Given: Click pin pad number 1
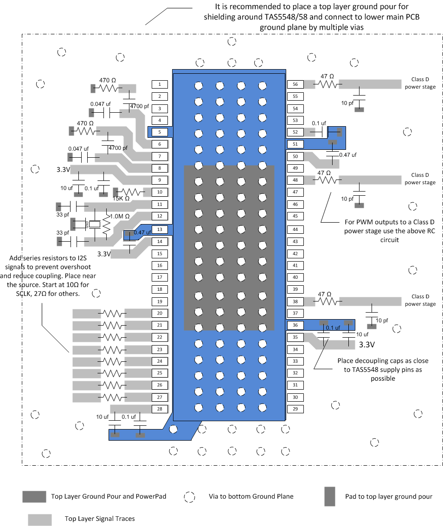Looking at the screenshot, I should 159,84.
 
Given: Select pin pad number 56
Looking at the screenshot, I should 295,84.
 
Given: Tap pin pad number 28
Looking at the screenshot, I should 159,409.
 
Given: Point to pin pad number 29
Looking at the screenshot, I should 295,409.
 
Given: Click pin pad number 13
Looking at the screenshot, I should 159,229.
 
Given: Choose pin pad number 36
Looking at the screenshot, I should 295,325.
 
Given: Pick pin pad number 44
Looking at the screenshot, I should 295,229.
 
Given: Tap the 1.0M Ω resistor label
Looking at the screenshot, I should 119,217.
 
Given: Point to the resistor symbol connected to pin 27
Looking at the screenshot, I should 112,398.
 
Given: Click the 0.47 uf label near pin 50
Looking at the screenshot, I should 347,155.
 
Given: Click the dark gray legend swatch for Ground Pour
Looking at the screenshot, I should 34,496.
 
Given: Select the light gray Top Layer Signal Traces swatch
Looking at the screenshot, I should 40,519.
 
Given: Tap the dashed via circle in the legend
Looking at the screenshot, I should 190,497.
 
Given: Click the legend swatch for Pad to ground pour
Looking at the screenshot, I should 330,496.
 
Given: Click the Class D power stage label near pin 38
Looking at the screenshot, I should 420,300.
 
